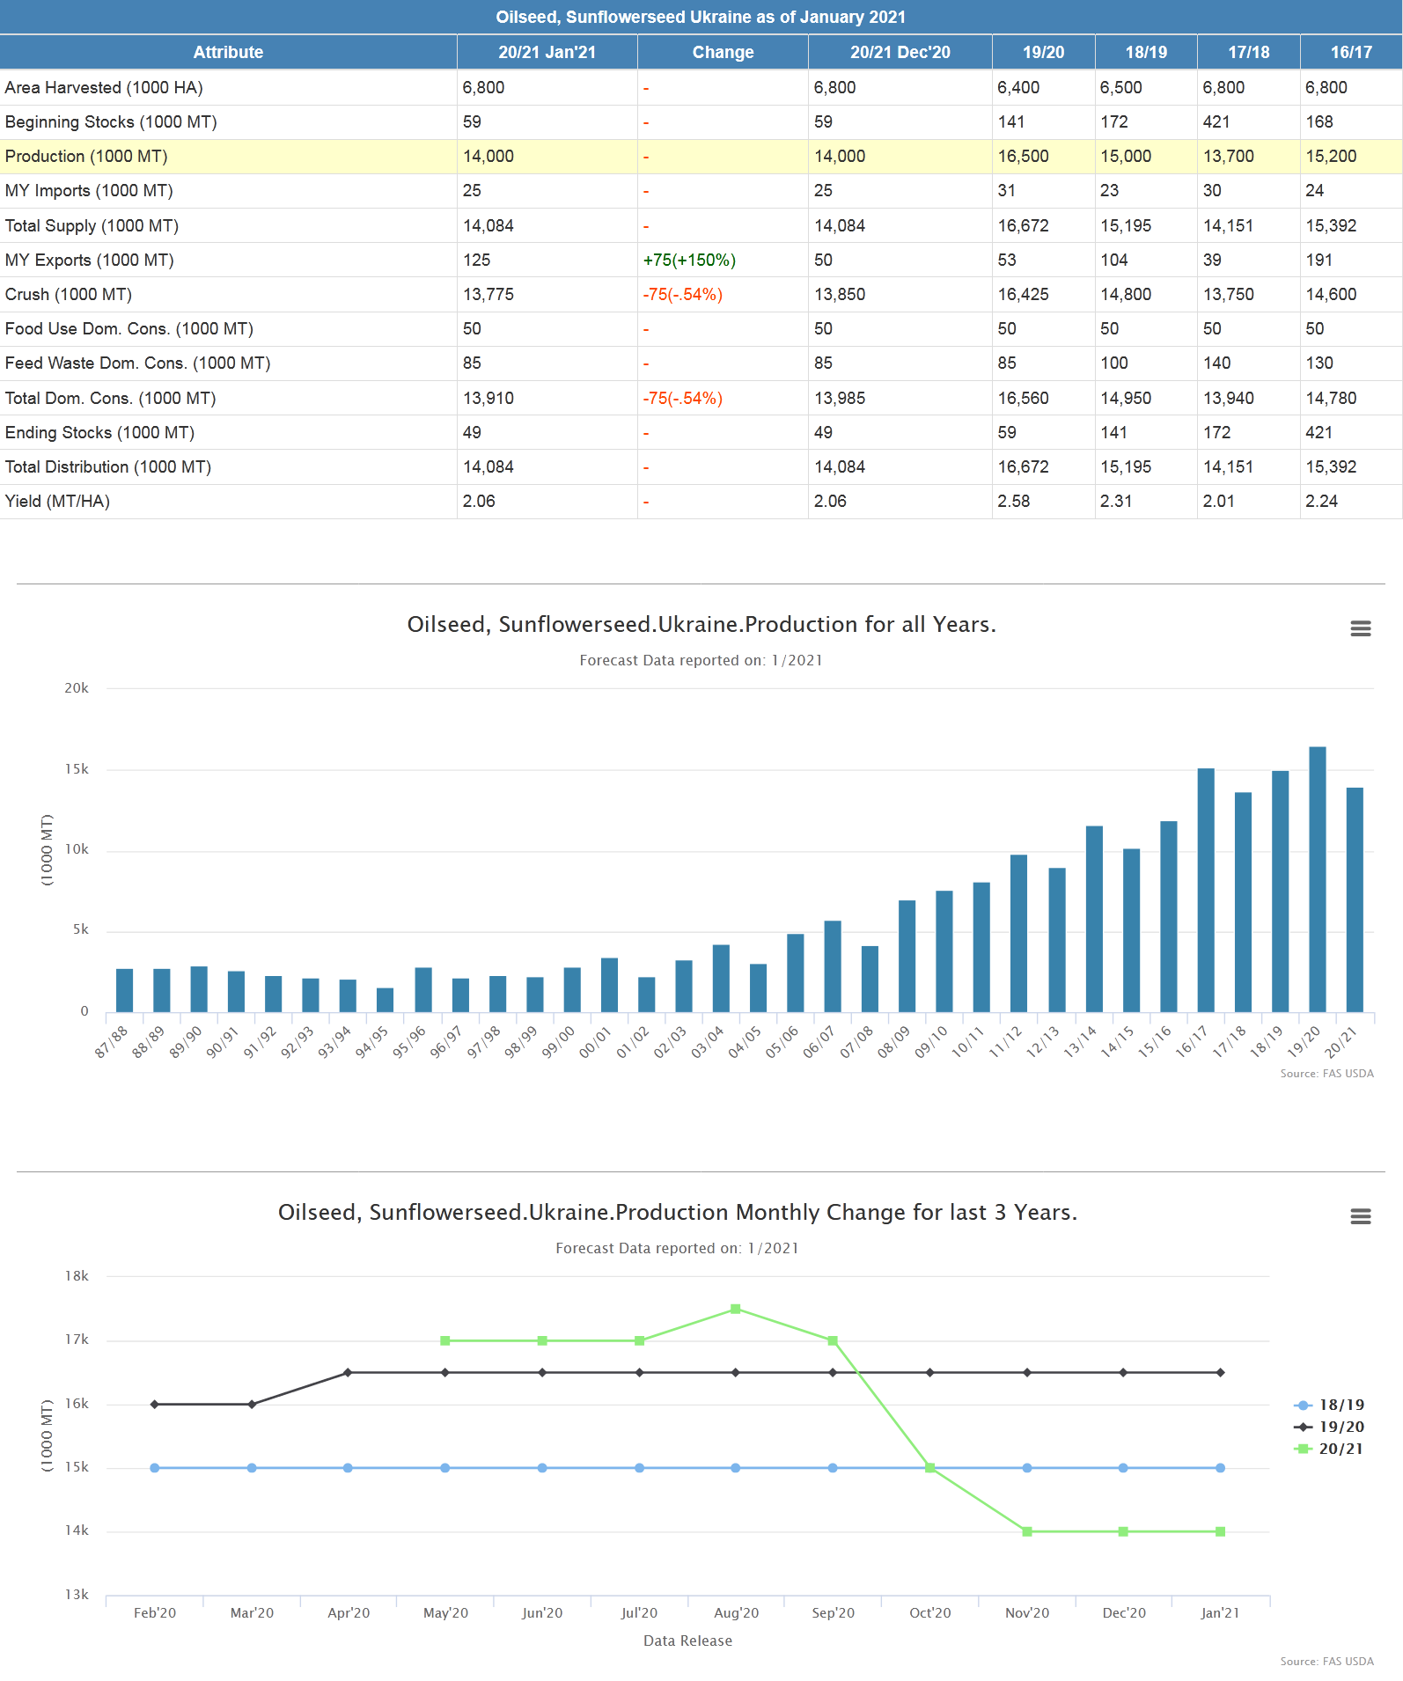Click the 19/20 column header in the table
[x=1043, y=52]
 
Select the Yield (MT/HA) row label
[x=57, y=502]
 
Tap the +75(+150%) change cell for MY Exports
[x=689, y=261]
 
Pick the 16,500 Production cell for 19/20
[x=1023, y=157]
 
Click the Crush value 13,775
[x=488, y=295]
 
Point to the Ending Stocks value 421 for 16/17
[x=1319, y=433]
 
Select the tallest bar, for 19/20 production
[x=1317, y=880]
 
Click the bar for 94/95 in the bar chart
[x=385, y=1000]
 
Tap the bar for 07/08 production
[x=870, y=979]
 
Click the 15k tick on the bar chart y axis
[x=77, y=769]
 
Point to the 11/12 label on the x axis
[x=1006, y=1042]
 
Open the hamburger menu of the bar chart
[x=1360, y=628]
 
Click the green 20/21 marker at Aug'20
[x=736, y=1309]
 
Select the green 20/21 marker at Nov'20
[x=1027, y=1531]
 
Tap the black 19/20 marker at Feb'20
[x=155, y=1404]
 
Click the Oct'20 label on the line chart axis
[x=929, y=1612]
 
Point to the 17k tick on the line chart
[x=77, y=1340]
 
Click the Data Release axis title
[x=687, y=1641]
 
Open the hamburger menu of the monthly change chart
[x=1360, y=1216]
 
